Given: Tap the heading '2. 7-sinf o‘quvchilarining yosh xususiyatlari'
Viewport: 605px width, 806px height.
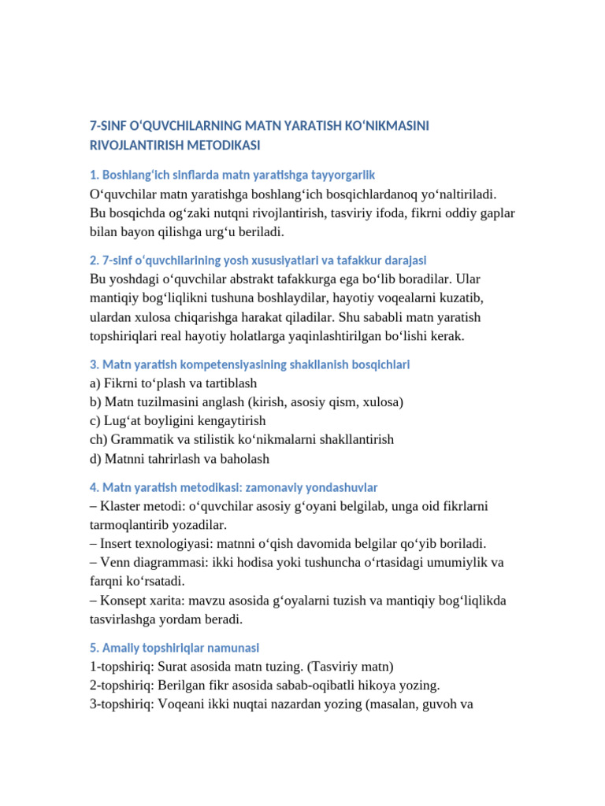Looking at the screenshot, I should coord(258,261).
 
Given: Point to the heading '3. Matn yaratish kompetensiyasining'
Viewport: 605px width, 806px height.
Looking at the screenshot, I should coord(250,365).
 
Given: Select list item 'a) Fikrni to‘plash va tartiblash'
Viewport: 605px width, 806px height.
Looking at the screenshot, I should coord(173,383).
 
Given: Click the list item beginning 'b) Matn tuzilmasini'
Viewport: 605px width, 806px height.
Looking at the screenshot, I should coord(247,402).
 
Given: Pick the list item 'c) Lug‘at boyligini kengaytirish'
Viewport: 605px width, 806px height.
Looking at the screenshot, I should coord(178,421).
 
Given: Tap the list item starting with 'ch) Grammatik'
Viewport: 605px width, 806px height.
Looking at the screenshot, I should coord(242,440).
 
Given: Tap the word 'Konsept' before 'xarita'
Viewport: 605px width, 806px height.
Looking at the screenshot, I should coord(122,601).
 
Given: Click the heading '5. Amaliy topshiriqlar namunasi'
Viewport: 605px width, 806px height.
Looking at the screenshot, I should coord(175,649).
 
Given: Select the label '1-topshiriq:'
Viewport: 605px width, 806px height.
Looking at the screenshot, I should coord(124,666).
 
